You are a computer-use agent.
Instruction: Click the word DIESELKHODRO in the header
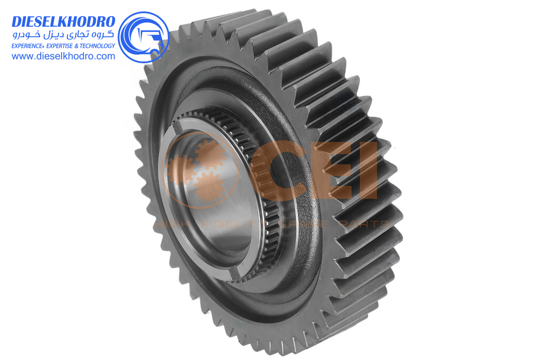(64, 22)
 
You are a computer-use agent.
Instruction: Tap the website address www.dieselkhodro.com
(64, 56)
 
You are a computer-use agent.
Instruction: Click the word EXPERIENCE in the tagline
(28, 46)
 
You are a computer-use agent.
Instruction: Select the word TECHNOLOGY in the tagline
(98, 46)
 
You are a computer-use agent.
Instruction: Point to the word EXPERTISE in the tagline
(59, 46)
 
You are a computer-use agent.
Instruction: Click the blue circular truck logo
(143, 37)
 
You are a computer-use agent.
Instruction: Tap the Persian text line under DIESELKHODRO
(64, 35)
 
